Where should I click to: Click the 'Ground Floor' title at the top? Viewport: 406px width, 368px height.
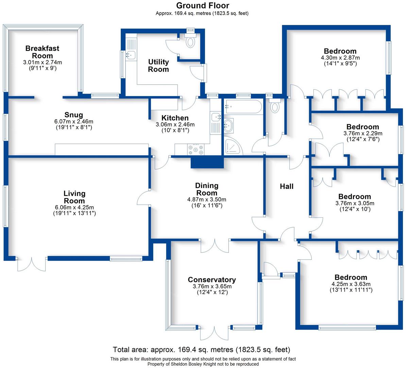coord(202,5)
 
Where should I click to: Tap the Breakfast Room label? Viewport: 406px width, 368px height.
coord(42,52)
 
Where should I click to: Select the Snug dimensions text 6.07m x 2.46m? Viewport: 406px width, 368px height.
coord(74,121)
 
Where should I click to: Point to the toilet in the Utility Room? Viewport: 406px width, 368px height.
coord(191,42)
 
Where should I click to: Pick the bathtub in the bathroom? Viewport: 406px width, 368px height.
coord(243,107)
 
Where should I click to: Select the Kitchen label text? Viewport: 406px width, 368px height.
coord(175,118)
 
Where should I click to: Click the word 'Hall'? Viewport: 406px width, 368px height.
coord(286,186)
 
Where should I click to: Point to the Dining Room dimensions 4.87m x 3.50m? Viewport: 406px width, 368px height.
coord(206,200)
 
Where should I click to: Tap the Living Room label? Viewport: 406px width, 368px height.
coord(74,197)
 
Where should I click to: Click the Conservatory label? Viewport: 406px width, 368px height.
coord(212,280)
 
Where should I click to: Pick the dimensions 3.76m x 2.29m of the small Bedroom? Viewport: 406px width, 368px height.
coord(362,133)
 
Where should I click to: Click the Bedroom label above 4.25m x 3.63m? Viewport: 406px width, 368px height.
coord(351,277)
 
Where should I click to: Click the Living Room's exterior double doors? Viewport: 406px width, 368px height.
coord(31,264)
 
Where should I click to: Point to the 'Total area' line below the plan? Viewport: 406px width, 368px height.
coord(201,350)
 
